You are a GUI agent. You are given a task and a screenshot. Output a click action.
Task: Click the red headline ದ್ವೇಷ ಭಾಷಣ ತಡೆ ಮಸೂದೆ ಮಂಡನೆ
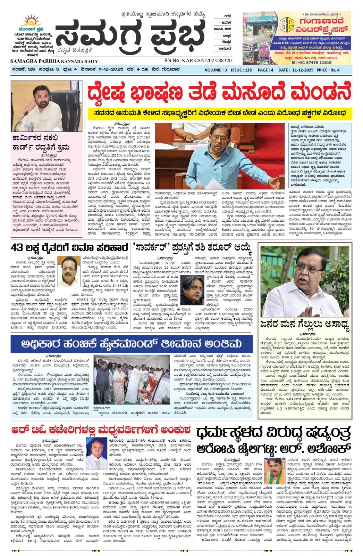coord(219,93)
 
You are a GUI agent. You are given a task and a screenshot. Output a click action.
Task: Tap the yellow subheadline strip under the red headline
coord(219,113)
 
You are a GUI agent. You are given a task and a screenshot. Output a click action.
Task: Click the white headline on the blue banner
coord(131,344)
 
